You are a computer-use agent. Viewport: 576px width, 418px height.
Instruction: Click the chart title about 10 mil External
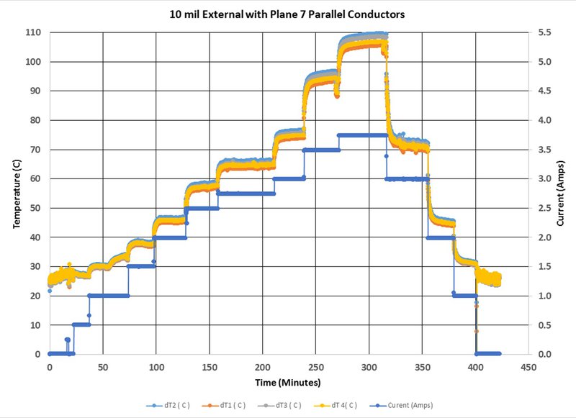(287, 14)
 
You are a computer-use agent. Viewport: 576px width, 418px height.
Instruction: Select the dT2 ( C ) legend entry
(168, 406)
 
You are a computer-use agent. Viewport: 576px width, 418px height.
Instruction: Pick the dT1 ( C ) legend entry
(224, 406)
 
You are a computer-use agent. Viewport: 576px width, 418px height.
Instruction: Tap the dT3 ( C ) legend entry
(279, 406)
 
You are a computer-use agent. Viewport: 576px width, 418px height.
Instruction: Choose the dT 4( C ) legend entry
(336, 406)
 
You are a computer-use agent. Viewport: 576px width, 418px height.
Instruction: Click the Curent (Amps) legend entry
(402, 406)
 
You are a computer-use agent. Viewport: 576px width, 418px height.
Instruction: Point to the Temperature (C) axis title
(17, 194)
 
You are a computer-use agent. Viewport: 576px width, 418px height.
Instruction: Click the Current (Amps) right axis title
(560, 193)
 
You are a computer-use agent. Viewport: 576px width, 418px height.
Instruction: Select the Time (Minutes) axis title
(287, 383)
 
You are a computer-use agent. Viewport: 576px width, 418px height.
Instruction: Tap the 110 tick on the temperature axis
(33, 32)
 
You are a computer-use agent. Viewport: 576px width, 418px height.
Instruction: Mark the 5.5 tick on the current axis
(545, 32)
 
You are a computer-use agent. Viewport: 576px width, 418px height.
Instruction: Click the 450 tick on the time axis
(528, 367)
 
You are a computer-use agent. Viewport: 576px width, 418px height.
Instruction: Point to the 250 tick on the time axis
(316, 367)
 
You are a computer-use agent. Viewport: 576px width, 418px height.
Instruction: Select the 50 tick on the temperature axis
(35, 208)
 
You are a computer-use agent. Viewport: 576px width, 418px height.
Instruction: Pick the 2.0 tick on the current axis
(545, 237)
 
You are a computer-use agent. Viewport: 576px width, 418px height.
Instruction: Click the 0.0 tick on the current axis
(545, 354)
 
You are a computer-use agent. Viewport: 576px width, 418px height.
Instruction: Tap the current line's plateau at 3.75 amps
(363, 135)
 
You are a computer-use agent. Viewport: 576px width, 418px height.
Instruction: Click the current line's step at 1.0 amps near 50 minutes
(109, 296)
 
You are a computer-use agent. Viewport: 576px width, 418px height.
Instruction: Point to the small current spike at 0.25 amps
(67, 340)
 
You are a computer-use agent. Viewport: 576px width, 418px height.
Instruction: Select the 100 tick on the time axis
(156, 367)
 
